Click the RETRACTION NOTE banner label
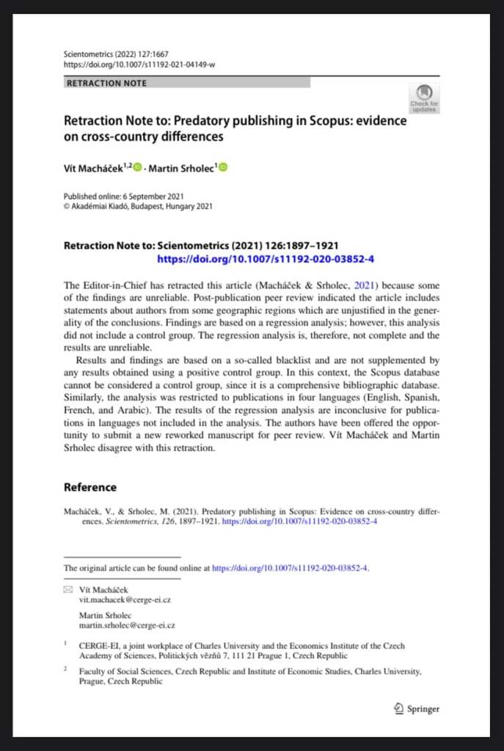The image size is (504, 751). click(107, 83)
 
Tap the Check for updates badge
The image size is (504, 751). click(424, 98)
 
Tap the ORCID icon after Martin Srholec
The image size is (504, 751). click(223, 168)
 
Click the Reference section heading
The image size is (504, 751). click(90, 487)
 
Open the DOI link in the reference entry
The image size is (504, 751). click(299, 521)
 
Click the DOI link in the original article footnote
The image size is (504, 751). click(290, 568)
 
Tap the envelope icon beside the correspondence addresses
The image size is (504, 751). click(68, 590)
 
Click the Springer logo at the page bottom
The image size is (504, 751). click(417, 708)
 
